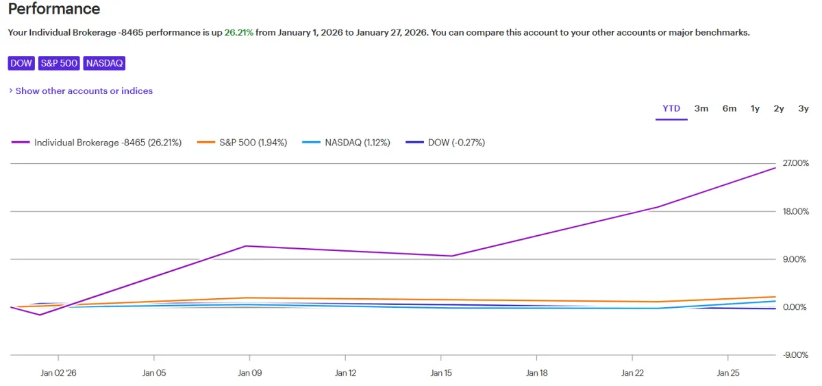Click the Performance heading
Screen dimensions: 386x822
coord(54,10)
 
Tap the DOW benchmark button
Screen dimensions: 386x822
coord(21,63)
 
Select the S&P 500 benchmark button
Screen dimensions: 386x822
coord(59,63)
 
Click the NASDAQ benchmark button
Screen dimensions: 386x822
coord(104,63)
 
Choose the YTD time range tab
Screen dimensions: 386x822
coord(671,108)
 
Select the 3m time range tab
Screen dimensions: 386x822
coord(701,108)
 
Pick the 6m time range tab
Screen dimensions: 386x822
coord(729,108)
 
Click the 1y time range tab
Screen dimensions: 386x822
coord(755,108)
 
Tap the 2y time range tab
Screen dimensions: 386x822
coord(779,108)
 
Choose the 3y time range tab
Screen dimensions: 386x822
coord(804,108)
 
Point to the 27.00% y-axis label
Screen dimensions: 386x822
coord(795,163)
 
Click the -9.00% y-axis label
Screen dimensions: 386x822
coord(795,355)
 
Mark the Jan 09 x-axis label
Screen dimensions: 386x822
coord(249,374)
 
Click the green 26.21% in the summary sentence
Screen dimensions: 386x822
coord(239,32)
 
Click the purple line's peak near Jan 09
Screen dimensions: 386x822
coord(246,245)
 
